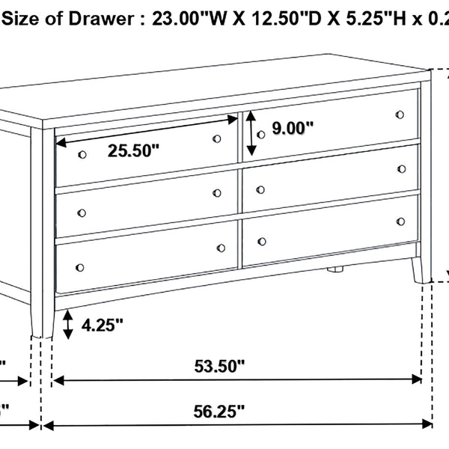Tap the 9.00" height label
pos(292,128)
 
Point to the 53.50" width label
pos(219,366)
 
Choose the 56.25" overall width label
pos(219,411)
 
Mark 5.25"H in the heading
pos(351,19)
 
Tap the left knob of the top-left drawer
pos(81,153)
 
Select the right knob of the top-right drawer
pos(400,114)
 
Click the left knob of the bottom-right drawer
pos(262,241)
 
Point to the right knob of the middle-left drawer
pos(217,193)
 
